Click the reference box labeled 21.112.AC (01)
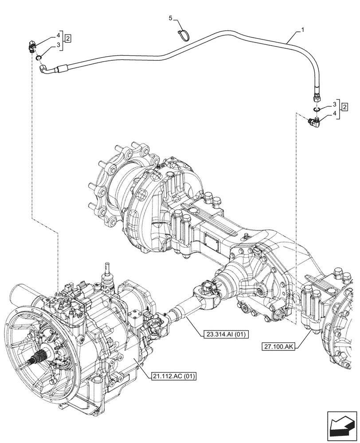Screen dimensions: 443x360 pyautogui.click(x=170, y=376)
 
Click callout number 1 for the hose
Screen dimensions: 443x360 pyautogui.click(x=302, y=30)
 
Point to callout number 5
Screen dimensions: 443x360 pyautogui.click(x=170, y=18)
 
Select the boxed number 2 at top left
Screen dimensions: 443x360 pyautogui.click(x=68, y=38)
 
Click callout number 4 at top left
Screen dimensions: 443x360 pyautogui.click(x=58, y=34)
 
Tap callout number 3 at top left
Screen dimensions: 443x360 pyautogui.click(x=58, y=45)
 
